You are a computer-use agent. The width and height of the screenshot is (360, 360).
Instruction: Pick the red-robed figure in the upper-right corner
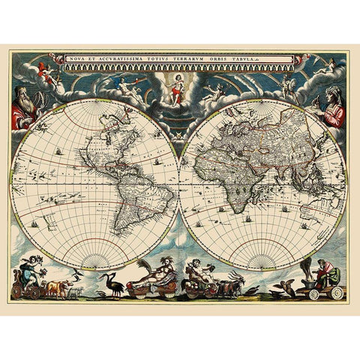[x=333, y=106]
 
